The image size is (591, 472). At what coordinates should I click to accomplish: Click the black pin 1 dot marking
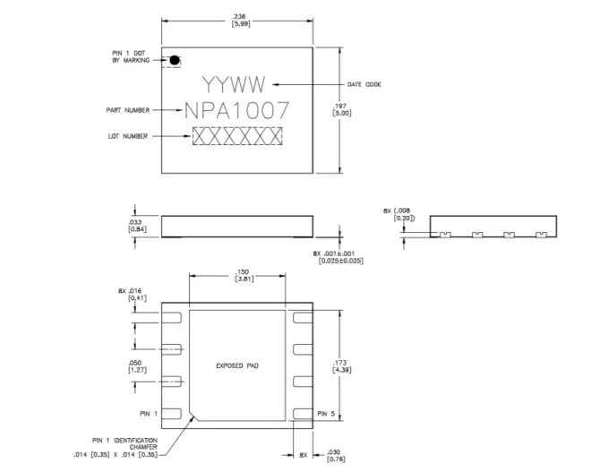tap(176, 60)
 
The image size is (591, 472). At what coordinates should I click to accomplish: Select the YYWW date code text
tap(234, 86)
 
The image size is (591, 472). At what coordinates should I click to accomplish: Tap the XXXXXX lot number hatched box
tap(237, 136)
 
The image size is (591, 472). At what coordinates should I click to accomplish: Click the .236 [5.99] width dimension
tap(239, 21)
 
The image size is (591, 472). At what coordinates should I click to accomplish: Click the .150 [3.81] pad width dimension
tap(242, 276)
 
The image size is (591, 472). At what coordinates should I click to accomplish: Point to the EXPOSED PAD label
tap(237, 365)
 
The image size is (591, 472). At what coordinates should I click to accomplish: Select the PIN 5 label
tap(327, 414)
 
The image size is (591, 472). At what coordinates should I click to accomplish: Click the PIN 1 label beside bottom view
tap(148, 414)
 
